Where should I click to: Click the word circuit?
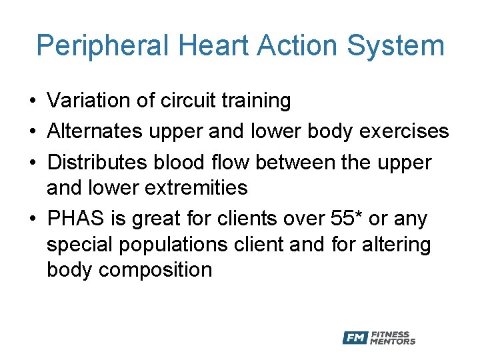click(x=179, y=101)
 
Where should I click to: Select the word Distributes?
click(x=99, y=162)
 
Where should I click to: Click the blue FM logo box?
click(x=355, y=338)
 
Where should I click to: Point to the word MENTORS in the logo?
click(x=393, y=342)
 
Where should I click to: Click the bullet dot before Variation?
click(x=32, y=101)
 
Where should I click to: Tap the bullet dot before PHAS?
click(x=32, y=219)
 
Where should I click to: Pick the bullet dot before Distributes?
click(x=32, y=163)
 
